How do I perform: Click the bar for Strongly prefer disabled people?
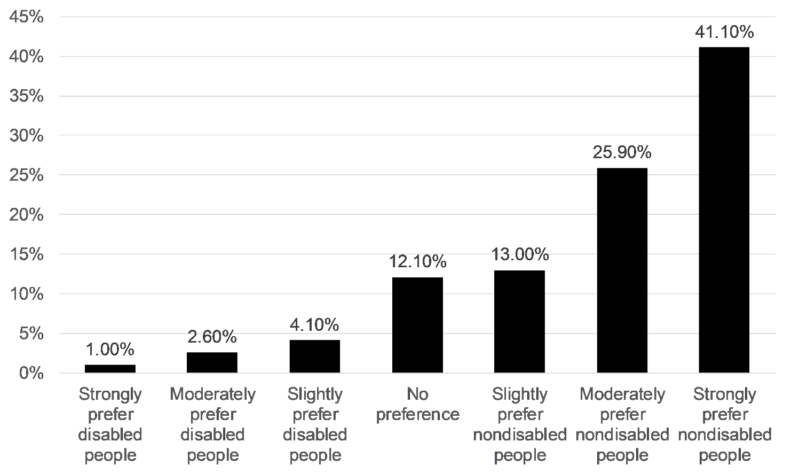point(110,369)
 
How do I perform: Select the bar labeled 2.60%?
point(212,362)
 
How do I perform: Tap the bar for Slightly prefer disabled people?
point(314,356)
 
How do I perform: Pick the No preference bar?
point(417,325)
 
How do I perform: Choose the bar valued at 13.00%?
point(519,322)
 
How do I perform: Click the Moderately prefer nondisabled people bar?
point(622,270)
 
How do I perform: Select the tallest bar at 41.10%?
point(724,210)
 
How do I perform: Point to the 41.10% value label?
point(724,33)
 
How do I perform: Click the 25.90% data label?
point(622,153)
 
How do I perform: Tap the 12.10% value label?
point(417,262)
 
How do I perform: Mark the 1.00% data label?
point(110,350)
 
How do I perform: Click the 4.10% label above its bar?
point(314,325)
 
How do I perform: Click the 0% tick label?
point(31,373)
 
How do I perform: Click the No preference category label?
point(417,405)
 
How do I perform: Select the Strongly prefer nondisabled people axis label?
point(724,425)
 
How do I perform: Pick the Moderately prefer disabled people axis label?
point(212,425)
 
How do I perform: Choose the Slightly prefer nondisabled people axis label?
point(519,425)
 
